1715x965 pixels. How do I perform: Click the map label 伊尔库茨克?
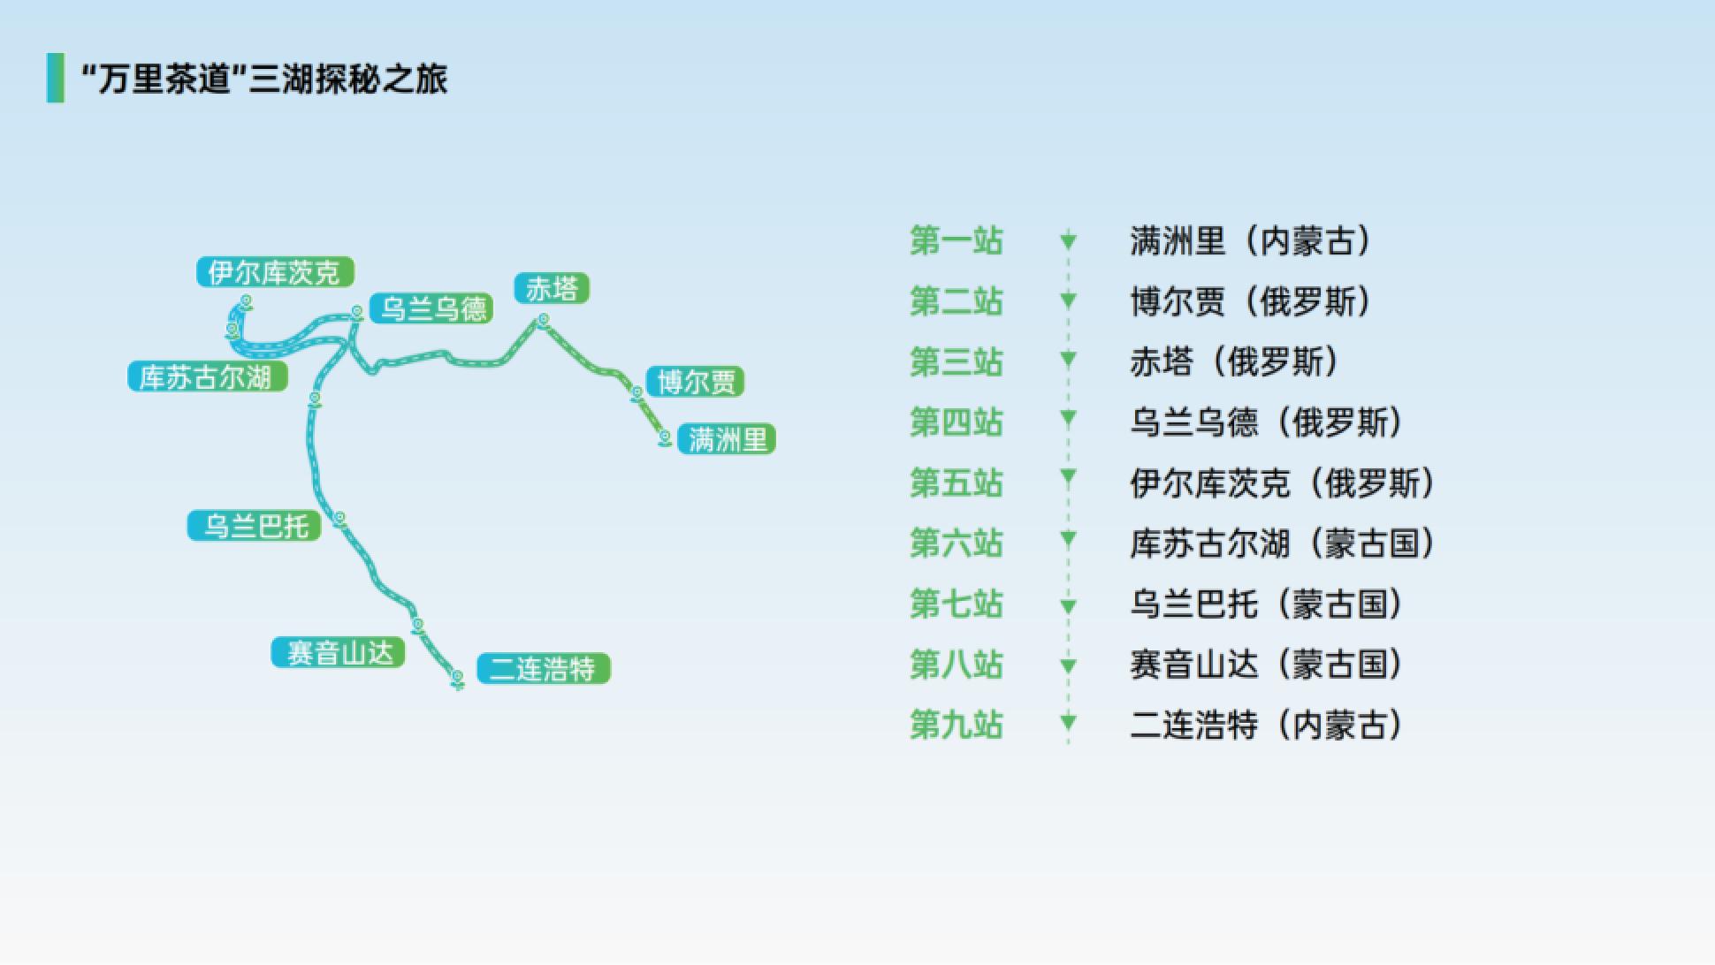[x=275, y=272]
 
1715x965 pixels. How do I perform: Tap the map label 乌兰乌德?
[x=431, y=308]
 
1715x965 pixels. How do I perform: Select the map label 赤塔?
[x=552, y=288]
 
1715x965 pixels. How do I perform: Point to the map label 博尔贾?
[x=696, y=382]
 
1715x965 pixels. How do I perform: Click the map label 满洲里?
[x=727, y=439]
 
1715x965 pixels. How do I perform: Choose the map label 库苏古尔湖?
[x=208, y=376]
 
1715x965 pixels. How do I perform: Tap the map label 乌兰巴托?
[x=255, y=526]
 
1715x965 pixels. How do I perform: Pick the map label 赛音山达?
[x=339, y=653]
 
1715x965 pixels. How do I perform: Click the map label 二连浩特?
[x=544, y=669]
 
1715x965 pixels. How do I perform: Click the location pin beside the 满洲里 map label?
[x=665, y=438]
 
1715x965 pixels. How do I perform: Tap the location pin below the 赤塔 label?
[x=544, y=320]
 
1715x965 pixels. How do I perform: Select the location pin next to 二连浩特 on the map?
[x=458, y=679]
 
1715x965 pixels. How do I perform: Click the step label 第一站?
[x=957, y=240]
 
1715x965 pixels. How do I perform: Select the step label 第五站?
[x=957, y=482]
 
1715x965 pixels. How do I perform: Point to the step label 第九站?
[x=957, y=725]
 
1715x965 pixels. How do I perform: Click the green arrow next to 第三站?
[x=1068, y=360]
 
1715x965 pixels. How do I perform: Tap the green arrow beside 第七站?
[x=1068, y=606]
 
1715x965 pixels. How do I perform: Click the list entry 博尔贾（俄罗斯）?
[x=1252, y=301]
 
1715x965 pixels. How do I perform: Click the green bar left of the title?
[x=56, y=78]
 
